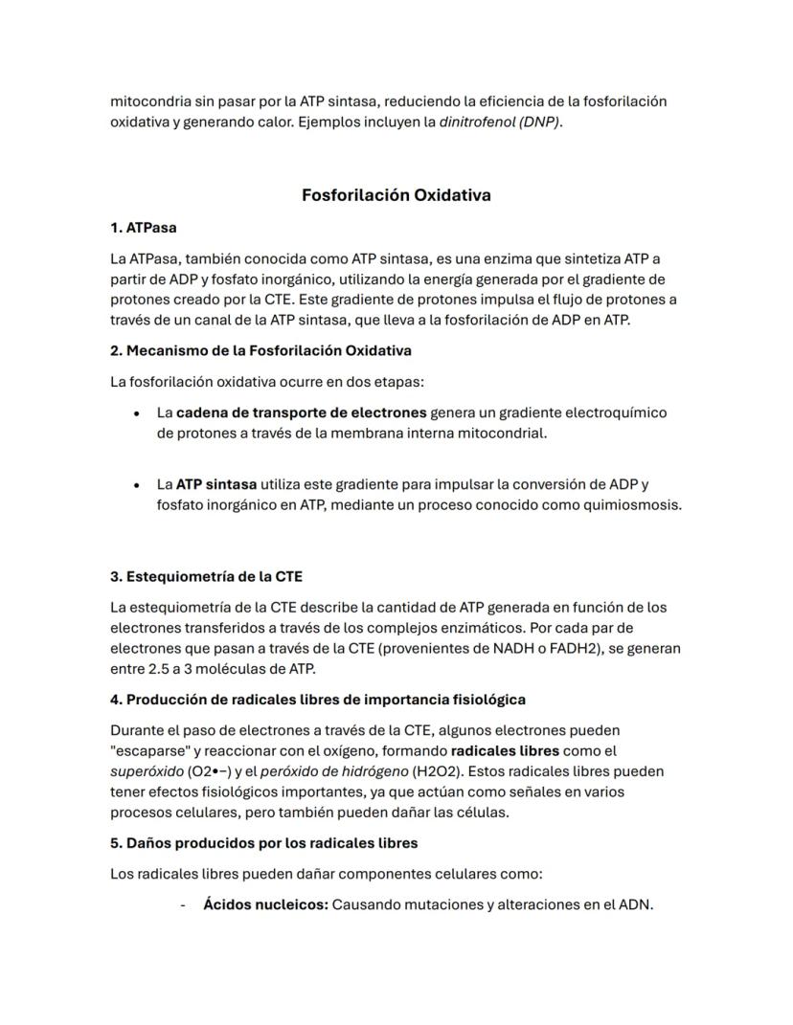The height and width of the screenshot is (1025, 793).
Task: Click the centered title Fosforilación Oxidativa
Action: [396, 195]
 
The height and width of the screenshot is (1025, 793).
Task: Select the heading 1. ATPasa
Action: [144, 228]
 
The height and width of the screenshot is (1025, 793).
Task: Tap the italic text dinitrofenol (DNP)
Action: [500, 122]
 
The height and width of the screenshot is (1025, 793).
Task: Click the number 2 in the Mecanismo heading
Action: [115, 350]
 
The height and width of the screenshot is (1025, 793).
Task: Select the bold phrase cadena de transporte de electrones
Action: [301, 412]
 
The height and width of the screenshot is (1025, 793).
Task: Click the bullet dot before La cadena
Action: [137, 413]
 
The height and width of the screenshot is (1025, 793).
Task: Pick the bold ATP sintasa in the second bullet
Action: [215, 484]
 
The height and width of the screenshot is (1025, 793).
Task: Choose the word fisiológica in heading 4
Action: [484, 700]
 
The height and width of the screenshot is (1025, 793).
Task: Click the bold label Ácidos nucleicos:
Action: [265, 904]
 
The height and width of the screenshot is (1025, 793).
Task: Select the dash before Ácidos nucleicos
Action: [182, 904]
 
